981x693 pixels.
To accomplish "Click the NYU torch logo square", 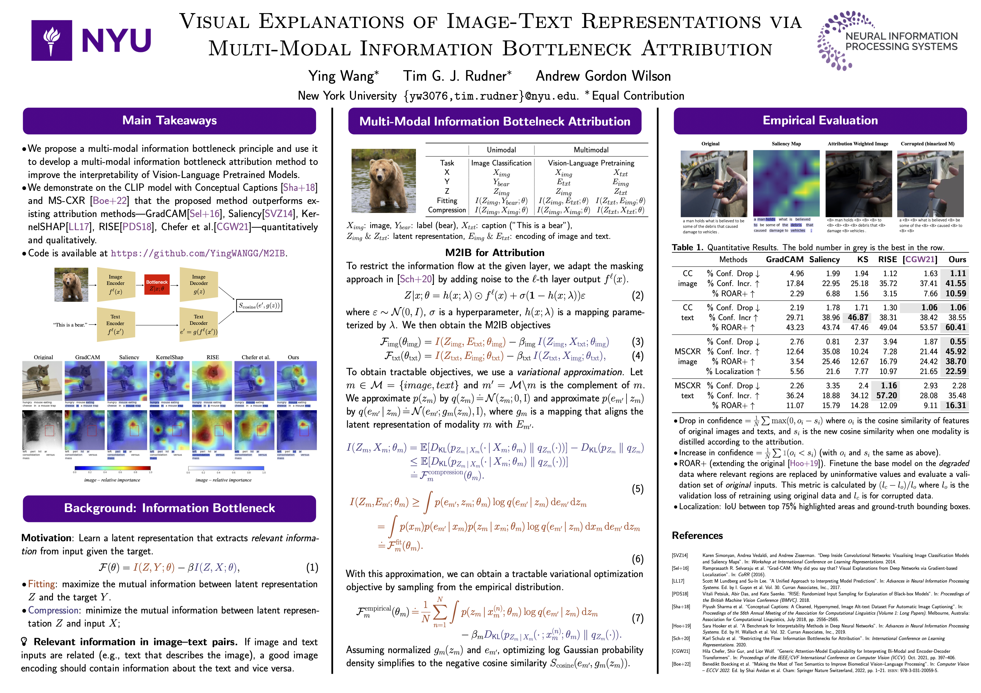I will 52,40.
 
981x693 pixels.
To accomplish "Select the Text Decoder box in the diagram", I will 199,324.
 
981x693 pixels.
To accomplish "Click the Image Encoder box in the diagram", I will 115,284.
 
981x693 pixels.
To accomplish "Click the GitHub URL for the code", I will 198,253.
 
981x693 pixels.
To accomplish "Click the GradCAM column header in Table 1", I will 784,259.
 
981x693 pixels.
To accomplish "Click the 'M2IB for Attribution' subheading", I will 495,253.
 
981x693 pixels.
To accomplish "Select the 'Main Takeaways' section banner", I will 170,121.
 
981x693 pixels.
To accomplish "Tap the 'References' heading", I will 697,536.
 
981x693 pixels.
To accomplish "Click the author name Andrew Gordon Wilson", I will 603,76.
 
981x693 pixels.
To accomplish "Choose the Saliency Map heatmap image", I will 786,184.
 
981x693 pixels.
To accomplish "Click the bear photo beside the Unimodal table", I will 383,181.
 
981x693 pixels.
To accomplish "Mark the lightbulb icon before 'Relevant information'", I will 25,642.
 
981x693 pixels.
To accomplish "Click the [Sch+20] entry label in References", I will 681,638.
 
